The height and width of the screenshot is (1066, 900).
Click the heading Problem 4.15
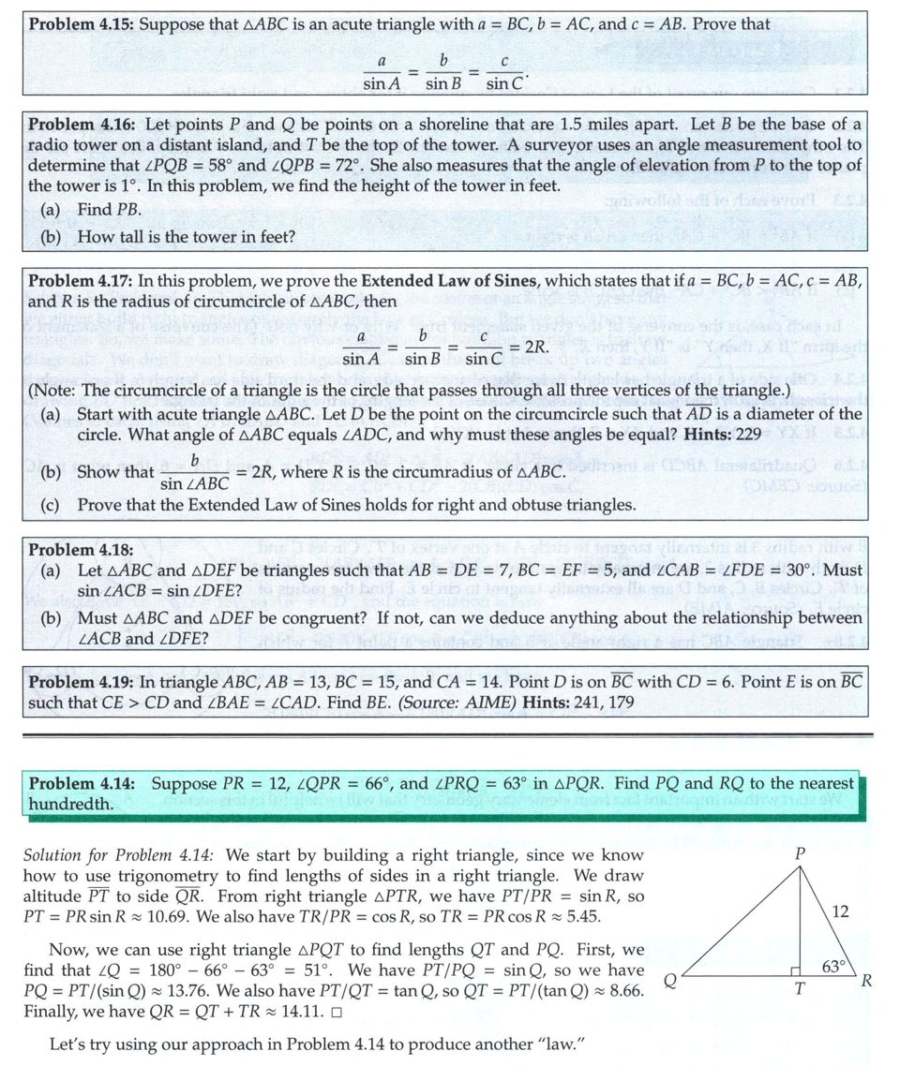[82, 23]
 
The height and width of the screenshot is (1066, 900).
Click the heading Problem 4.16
[82, 125]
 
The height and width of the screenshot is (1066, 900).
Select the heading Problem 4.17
[82, 281]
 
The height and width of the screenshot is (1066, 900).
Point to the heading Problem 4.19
[82, 681]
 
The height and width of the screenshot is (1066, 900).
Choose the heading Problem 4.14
[82, 783]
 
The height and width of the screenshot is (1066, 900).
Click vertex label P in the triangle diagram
[800, 855]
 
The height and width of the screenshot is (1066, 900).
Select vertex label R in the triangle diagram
[867, 982]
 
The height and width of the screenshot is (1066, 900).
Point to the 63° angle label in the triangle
[835, 966]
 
